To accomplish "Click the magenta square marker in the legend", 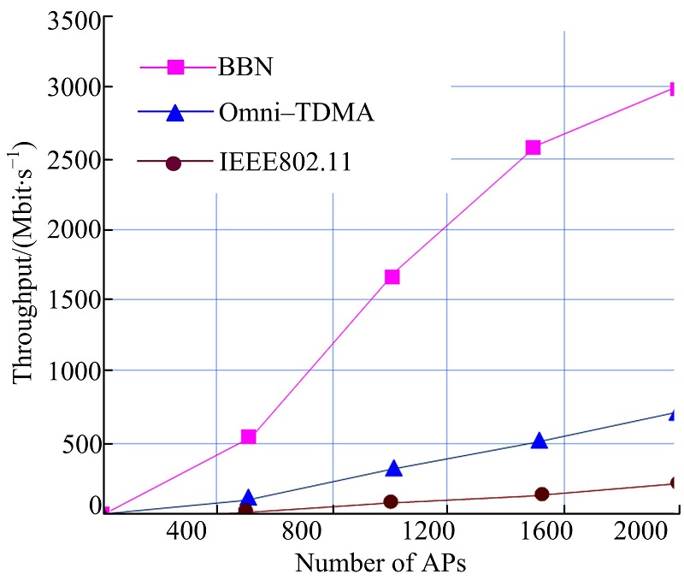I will click(174, 65).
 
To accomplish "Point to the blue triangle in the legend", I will click(174, 112).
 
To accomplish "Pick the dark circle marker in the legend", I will click(174, 162).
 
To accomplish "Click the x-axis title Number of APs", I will click(381, 564).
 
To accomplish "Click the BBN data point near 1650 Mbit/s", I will click(392, 277).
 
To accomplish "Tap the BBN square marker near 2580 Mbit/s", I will click(534, 147).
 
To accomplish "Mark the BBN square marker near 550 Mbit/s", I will click(249, 437).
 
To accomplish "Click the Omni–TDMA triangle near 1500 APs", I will click(539, 441).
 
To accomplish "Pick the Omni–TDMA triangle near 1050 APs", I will click(393, 468).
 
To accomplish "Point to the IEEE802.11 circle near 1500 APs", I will click(541, 494).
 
